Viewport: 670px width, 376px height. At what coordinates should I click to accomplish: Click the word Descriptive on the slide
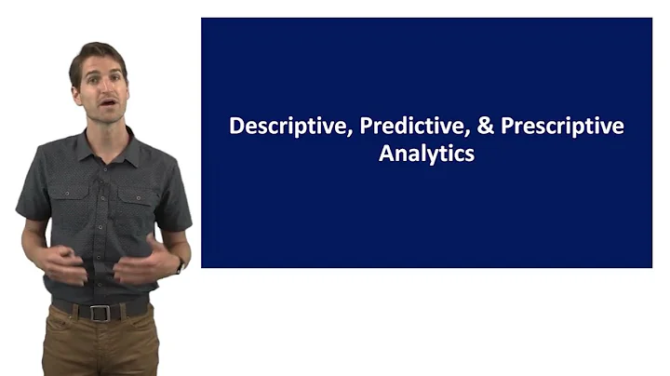(287, 127)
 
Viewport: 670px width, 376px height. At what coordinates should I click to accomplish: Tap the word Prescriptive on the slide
(562, 127)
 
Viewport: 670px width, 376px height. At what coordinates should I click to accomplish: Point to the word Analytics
(426, 154)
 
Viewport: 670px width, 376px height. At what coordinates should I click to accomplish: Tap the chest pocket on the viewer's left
(71, 201)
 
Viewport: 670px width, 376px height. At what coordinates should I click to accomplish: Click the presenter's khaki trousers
(100, 349)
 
